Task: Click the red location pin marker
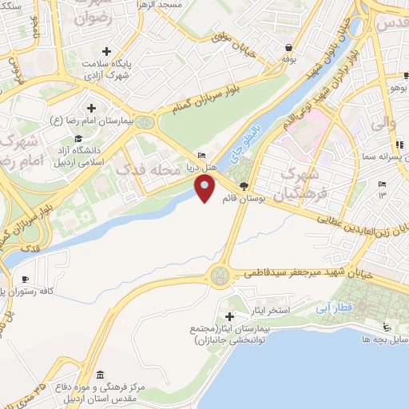pos(205,189)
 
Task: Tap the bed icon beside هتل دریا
pos(201,155)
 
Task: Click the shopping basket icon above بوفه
pos(288,46)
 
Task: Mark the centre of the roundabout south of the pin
pos(220,277)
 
